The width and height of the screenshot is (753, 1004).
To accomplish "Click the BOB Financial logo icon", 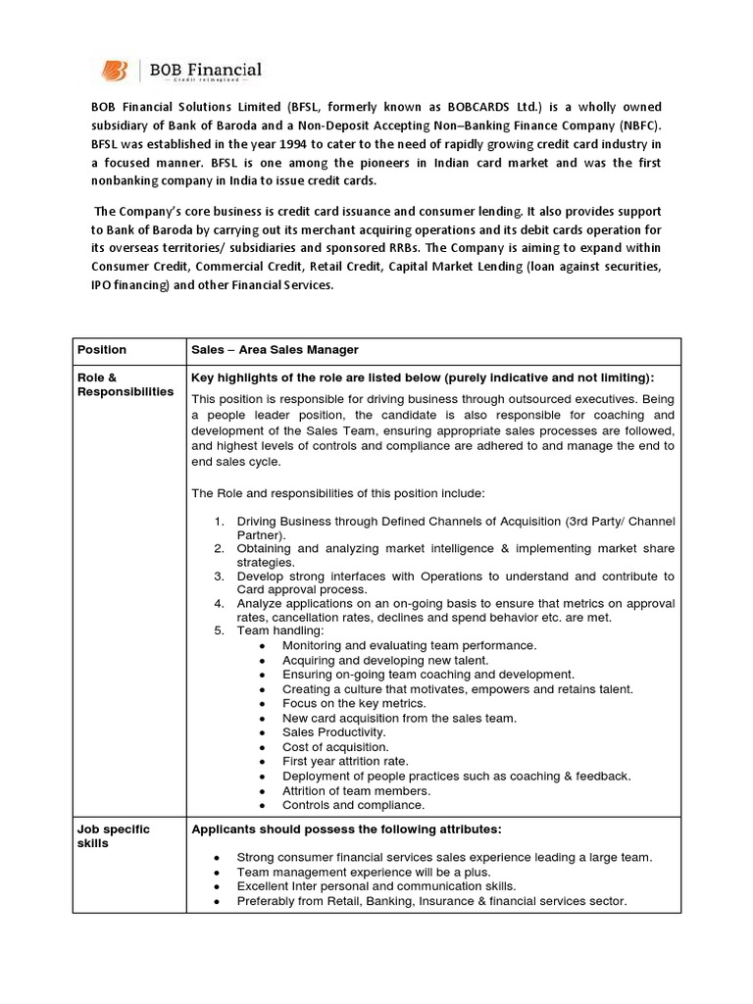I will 116,71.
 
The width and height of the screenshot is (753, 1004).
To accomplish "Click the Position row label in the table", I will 103,350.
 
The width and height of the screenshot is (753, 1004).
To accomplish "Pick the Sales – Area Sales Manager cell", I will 275,350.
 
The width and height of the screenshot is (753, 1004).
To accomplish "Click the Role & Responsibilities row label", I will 125,384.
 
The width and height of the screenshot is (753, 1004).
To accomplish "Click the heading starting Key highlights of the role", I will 423,377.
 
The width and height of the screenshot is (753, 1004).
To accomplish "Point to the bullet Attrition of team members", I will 356,790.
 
